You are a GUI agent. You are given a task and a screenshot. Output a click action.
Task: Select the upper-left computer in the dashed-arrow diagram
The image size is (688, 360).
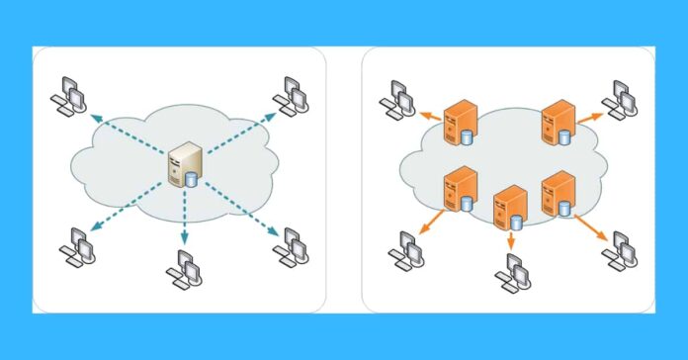pyautogui.click(x=70, y=94)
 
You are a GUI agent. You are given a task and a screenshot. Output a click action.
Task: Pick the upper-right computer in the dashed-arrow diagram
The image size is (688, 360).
pyautogui.click(x=292, y=94)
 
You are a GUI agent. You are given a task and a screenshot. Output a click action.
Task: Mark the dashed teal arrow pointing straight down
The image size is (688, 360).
pyautogui.click(x=184, y=220)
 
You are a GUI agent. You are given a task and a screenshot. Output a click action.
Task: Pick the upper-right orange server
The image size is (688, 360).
pyautogui.click(x=559, y=120)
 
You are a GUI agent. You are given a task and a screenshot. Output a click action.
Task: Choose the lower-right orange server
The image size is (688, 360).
pyautogui.click(x=559, y=192)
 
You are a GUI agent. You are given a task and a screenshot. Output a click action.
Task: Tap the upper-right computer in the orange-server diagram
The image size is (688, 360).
pyautogui.click(x=623, y=98)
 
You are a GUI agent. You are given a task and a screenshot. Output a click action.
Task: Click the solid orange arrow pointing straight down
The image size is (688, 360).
pyautogui.click(x=511, y=240)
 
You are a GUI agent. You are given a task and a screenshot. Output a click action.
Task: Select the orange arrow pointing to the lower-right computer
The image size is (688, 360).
pyautogui.click(x=591, y=228)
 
